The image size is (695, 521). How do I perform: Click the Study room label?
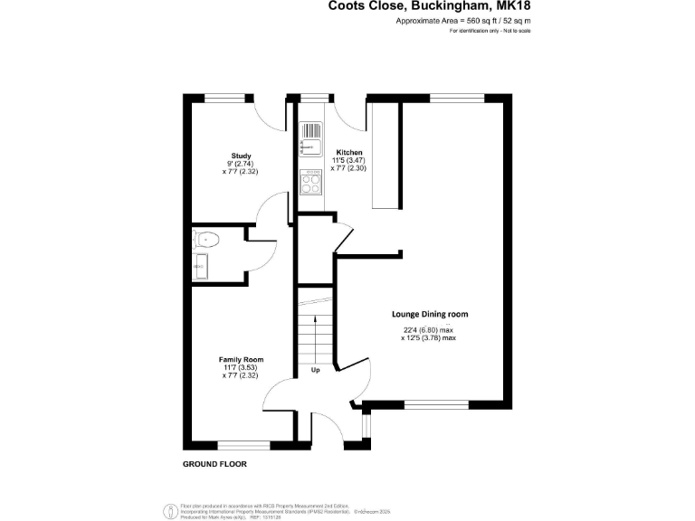pyautogui.click(x=241, y=156)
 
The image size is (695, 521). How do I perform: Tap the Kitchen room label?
pyautogui.click(x=349, y=152)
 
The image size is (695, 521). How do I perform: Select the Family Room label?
pyautogui.click(x=240, y=359)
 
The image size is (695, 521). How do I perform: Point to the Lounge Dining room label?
pyautogui.click(x=430, y=314)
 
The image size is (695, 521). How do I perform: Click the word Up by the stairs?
pyautogui.click(x=316, y=370)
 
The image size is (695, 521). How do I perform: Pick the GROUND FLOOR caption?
pyautogui.click(x=214, y=464)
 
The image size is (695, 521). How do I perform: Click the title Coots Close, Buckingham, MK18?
pyautogui.click(x=429, y=6)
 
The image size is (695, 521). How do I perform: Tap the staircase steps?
pyautogui.click(x=314, y=335)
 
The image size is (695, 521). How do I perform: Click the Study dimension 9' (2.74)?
pyautogui.click(x=241, y=163)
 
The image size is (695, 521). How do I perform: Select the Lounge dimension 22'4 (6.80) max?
pyautogui.click(x=429, y=330)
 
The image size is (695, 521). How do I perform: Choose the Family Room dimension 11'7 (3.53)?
pyautogui.click(x=240, y=367)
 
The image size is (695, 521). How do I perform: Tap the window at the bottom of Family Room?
pyautogui.click(x=244, y=445)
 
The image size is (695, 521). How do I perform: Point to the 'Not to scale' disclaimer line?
pyautogui.click(x=490, y=31)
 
